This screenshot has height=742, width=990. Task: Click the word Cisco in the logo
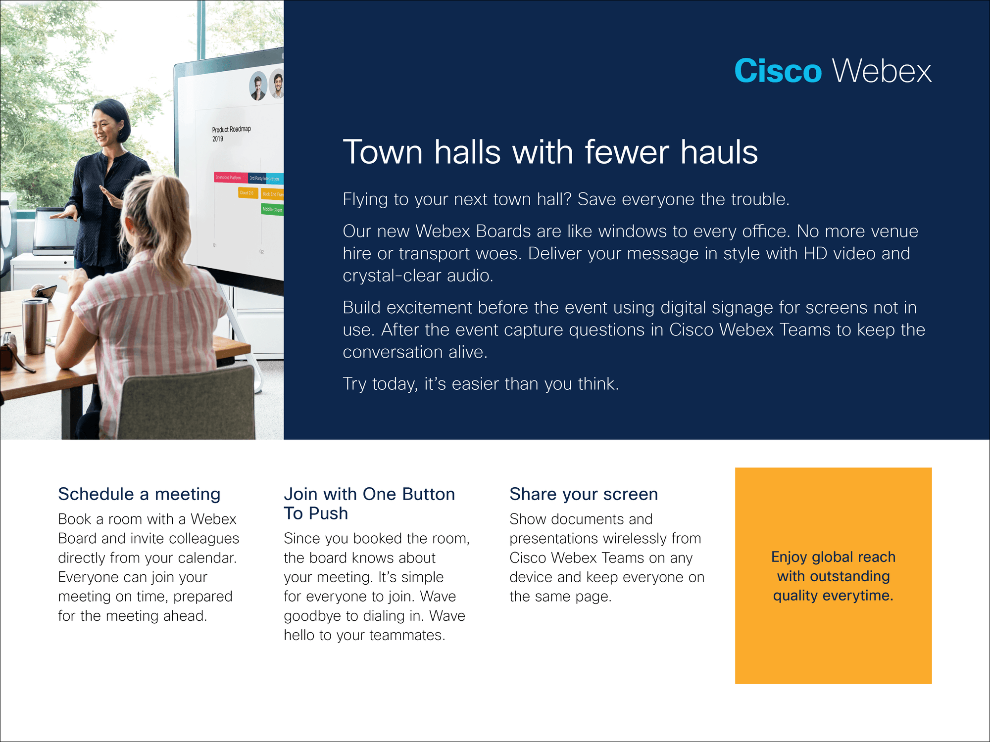click(778, 71)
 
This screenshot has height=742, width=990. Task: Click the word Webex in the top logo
click(882, 71)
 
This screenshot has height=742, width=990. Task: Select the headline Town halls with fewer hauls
click(550, 151)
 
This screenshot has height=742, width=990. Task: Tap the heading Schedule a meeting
click(139, 494)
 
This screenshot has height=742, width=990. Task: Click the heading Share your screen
click(584, 494)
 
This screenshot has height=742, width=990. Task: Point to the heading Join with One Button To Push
click(369, 504)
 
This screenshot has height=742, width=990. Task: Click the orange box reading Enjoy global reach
click(833, 576)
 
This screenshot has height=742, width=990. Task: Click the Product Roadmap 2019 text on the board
click(231, 134)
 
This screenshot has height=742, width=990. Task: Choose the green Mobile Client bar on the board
click(272, 209)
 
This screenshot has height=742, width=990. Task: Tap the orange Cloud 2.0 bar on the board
click(247, 193)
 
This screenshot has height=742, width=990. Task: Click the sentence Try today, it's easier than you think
click(481, 384)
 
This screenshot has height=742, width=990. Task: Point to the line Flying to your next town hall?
click(457, 199)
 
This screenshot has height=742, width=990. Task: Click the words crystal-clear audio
click(418, 276)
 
